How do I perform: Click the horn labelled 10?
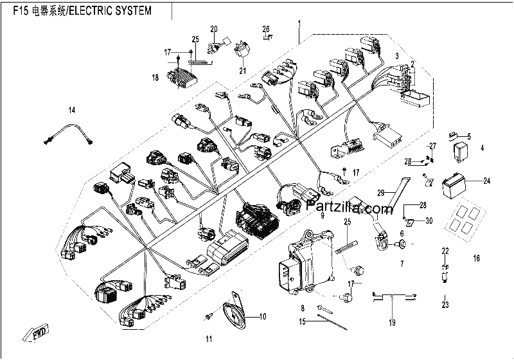coord(235,312)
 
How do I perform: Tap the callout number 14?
coord(72,110)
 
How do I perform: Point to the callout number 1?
coord(299,23)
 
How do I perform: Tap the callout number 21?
coord(243,71)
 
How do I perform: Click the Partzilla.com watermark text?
coord(349,207)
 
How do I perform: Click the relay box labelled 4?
coord(461,150)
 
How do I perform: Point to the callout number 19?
coord(392,323)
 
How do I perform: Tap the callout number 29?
coord(380,193)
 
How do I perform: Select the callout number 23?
coord(445,305)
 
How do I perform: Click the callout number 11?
coord(209,339)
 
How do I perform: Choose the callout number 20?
coord(214,29)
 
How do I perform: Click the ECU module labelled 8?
coord(306,261)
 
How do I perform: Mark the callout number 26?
coord(266,29)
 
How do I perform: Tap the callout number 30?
coord(429,221)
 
